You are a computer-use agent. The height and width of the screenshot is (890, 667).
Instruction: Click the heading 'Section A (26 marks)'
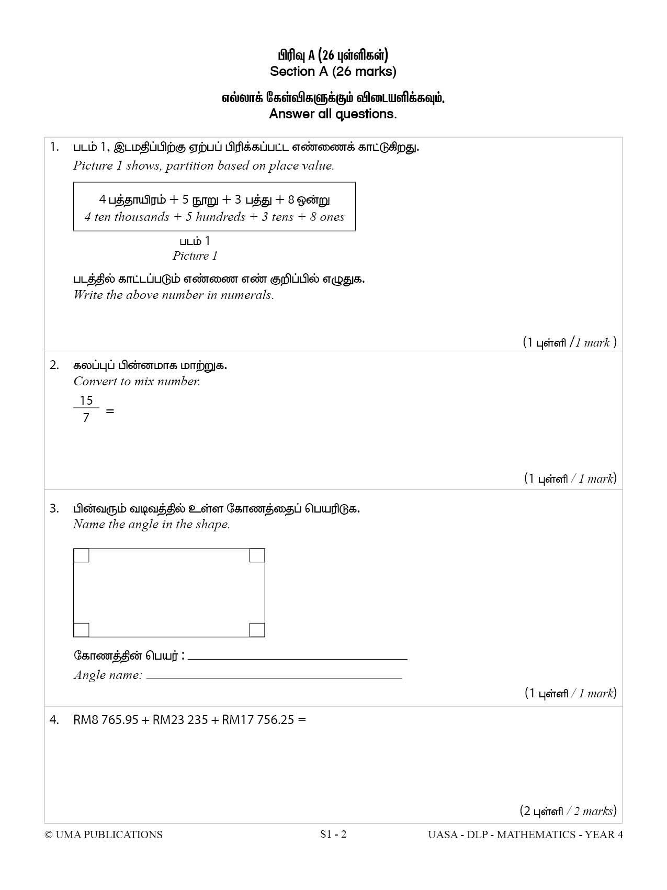[333, 71]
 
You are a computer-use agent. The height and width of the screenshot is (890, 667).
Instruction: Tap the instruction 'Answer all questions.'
[333, 114]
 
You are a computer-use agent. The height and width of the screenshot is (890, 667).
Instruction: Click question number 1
[54, 147]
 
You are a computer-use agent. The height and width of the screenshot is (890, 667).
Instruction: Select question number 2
[54, 365]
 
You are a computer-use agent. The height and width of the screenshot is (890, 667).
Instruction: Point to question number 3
[54, 508]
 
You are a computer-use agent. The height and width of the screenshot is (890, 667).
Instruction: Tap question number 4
[54, 720]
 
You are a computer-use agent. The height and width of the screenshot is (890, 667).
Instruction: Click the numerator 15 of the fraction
[86, 400]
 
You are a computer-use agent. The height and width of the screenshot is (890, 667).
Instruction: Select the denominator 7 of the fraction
[86, 418]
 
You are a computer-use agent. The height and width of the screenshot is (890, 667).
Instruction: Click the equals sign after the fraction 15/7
[110, 411]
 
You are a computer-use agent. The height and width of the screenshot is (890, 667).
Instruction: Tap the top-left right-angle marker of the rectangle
[82, 555]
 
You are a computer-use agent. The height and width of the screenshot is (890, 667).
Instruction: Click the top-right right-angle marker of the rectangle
[257, 555]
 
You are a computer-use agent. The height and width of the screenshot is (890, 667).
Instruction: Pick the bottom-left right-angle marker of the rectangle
[82, 629]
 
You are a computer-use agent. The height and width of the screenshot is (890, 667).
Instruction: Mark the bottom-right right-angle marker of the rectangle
[257, 629]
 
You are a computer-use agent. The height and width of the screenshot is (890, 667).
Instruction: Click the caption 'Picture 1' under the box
[195, 256]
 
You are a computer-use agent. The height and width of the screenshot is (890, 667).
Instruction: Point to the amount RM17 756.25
[258, 720]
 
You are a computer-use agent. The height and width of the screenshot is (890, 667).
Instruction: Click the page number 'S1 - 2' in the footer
[333, 834]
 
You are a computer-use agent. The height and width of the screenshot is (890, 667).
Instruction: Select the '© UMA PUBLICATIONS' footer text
[104, 835]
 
